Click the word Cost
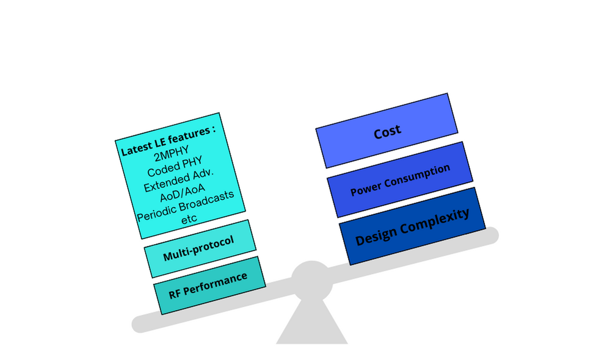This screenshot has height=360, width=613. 387,131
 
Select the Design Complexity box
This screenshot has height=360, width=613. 412,226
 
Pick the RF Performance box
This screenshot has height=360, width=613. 209,285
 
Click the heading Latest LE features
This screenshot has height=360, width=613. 169,140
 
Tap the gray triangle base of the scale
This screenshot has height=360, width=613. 311,323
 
